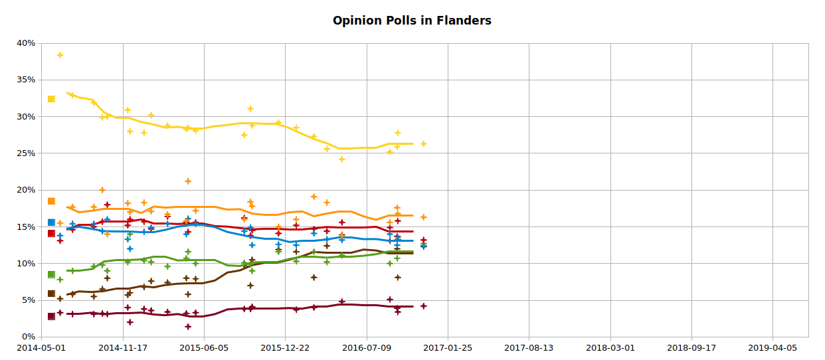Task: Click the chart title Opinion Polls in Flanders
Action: pyautogui.click(x=412, y=21)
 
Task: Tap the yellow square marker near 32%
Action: pyautogui.click(x=51, y=99)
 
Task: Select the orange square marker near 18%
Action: pyautogui.click(x=51, y=201)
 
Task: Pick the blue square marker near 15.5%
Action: pyautogui.click(x=51, y=223)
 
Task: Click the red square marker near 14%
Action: pyautogui.click(x=51, y=233)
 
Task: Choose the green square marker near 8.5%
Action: pyautogui.click(x=51, y=274)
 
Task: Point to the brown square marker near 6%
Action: pyautogui.click(x=51, y=294)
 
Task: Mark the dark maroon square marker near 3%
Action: pyautogui.click(x=51, y=316)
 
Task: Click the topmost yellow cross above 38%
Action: pyautogui.click(x=60, y=55)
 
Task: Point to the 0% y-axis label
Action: pyautogui.click(x=29, y=337)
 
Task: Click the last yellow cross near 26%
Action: pyautogui.click(x=423, y=143)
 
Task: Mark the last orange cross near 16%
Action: pyautogui.click(x=423, y=217)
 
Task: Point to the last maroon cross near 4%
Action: pyautogui.click(x=423, y=306)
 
